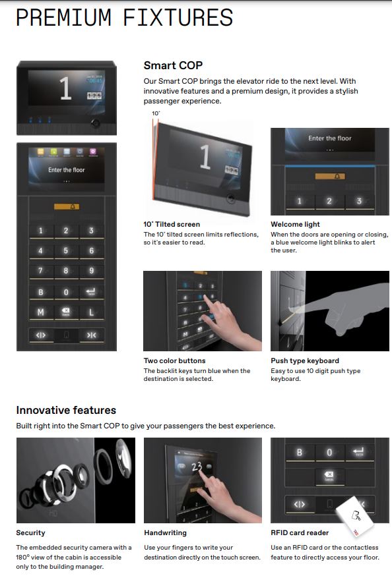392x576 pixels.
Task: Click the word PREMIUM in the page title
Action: coord(63,17)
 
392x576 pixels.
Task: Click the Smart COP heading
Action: coord(173,65)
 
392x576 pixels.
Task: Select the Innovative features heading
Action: coord(66,410)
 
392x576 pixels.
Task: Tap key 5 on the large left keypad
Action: coord(66,251)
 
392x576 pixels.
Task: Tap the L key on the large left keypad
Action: coord(91,312)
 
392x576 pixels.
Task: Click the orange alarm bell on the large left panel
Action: coord(67,207)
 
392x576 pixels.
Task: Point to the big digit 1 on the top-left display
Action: coord(65,88)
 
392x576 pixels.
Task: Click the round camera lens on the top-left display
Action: coord(95,123)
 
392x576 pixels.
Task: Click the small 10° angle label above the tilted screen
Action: coord(156,113)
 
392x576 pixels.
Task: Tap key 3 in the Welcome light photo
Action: coord(359,201)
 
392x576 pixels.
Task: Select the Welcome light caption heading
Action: coord(295,225)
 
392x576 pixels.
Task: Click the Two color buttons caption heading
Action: coord(175,360)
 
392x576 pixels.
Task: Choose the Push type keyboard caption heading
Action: coord(305,360)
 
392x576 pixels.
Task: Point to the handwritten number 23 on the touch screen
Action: coord(197,467)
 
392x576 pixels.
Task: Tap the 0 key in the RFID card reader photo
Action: coord(329,453)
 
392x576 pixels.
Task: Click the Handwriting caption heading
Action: coord(165,533)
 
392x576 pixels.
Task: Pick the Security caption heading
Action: coord(30,533)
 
